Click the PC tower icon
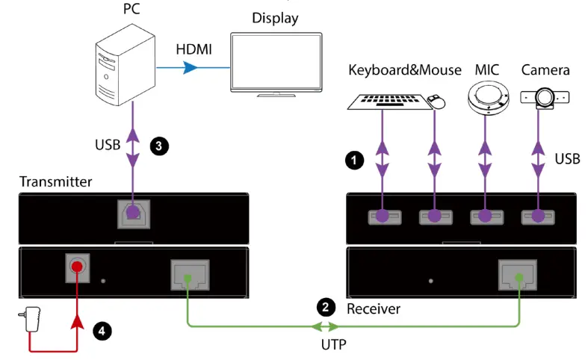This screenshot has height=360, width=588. (x=126, y=65)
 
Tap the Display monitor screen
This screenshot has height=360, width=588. (x=276, y=61)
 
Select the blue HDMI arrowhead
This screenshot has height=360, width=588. (x=190, y=67)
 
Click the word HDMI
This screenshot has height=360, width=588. (x=194, y=49)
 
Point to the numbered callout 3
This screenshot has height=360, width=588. (x=159, y=146)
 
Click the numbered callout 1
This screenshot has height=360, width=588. (x=354, y=161)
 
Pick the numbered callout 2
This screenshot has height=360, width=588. (x=326, y=308)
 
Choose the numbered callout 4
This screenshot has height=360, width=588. (x=102, y=331)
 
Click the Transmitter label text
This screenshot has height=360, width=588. (x=55, y=181)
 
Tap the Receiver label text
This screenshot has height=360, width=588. (x=374, y=308)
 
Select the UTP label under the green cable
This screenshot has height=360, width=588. (x=334, y=344)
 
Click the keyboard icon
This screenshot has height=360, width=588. (x=389, y=102)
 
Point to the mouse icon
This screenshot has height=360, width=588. (x=436, y=102)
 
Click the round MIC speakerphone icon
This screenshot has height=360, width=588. (x=488, y=99)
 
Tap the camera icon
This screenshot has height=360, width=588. (x=545, y=98)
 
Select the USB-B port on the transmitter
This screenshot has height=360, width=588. (x=134, y=214)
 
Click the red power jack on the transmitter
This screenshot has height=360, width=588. (x=77, y=267)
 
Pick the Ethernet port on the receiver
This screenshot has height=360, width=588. (x=518, y=275)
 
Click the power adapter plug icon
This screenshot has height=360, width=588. (x=31, y=319)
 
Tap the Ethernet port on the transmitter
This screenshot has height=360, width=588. (x=190, y=275)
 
